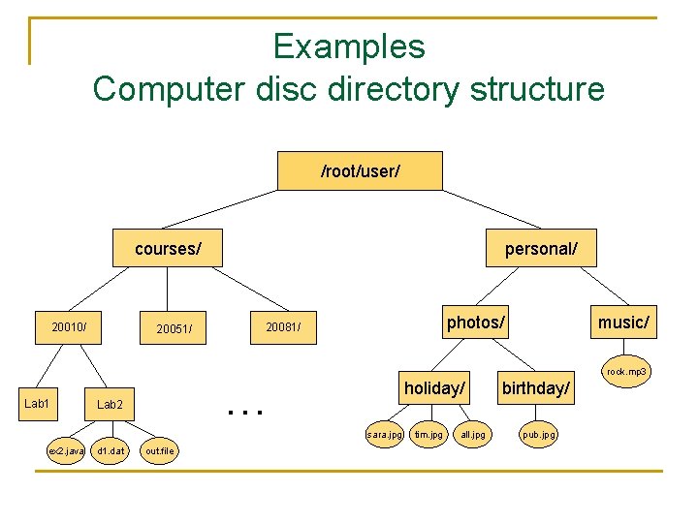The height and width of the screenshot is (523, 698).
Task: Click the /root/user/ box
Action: pos(360,171)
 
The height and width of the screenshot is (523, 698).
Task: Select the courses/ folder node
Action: pos(168,249)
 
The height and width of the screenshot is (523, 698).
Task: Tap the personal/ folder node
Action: pos(541,249)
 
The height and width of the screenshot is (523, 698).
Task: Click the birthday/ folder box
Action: pos(536,387)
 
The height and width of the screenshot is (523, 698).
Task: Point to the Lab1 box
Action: pos(37,402)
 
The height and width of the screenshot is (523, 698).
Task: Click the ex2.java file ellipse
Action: pos(67,450)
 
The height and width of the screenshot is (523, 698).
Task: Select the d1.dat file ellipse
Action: pos(111,450)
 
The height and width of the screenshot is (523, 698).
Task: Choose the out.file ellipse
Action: pos(159,450)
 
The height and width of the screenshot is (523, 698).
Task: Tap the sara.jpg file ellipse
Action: pos(384,435)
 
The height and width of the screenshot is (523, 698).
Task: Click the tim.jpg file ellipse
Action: pos(428,435)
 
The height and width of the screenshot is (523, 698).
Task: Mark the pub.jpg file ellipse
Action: pos(539,435)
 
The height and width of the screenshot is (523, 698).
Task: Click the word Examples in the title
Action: pos(348,46)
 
